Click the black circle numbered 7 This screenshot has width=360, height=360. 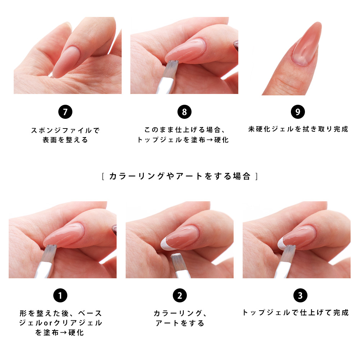click(65, 112)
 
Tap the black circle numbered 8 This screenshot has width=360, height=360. click(184, 112)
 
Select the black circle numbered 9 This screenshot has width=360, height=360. click(298, 112)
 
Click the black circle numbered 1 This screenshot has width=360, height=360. click(60, 296)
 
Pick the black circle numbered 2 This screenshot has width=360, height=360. click(180, 296)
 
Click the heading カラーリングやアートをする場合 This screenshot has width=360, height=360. click(180, 176)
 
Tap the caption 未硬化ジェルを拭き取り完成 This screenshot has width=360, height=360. click(298, 129)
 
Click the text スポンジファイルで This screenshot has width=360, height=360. click(65, 130)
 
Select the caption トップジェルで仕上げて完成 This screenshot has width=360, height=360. click(296, 312)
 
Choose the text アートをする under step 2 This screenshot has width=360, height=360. click(180, 323)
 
